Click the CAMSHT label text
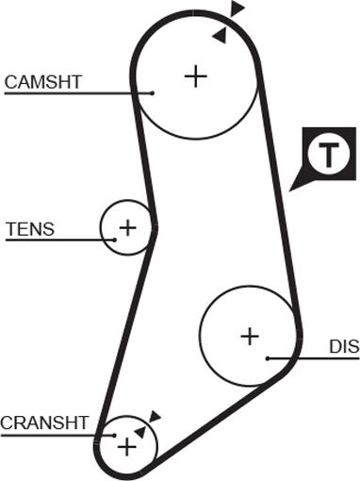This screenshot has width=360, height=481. (x=43, y=82)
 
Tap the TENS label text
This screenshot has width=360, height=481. (x=30, y=229)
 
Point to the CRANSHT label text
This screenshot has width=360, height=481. (x=44, y=423)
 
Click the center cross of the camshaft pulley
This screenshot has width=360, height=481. (x=195, y=75)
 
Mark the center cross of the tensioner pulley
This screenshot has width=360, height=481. (x=127, y=227)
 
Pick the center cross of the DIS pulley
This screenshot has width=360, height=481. (x=250, y=335)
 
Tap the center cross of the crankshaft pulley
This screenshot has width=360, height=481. (x=124, y=445)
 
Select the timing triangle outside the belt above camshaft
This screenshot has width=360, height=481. (x=237, y=8)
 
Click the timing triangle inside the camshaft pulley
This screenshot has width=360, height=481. (x=220, y=36)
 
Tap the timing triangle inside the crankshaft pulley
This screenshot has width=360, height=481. (x=140, y=431)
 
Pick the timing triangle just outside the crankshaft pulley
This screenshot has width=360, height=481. (x=155, y=415)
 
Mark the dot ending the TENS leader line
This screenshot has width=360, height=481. (x=114, y=239)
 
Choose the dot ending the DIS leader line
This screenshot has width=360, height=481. (x=269, y=357)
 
